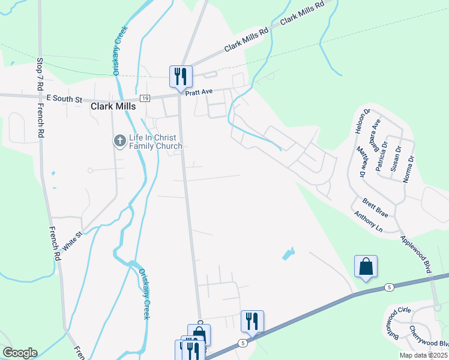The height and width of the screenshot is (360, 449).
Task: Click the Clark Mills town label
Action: click(113, 106)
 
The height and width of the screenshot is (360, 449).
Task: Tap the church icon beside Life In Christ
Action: click(119, 141)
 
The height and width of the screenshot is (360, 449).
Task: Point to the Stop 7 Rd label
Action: click(40, 74)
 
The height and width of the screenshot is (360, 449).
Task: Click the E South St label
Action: click(63, 98)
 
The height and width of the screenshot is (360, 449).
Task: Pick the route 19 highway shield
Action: click(145, 98)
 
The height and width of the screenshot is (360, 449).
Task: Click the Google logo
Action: click(20, 353)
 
